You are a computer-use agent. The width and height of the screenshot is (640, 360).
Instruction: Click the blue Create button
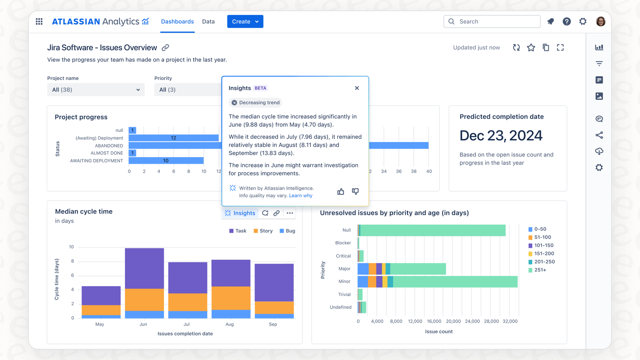pos(245,22)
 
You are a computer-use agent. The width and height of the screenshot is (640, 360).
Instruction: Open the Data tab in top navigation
pos(208,22)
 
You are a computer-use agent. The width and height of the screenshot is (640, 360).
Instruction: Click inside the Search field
pos(495,22)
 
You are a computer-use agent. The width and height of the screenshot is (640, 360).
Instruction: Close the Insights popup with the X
pos(357,88)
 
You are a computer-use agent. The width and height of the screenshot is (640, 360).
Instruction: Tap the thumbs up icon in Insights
pos(341,192)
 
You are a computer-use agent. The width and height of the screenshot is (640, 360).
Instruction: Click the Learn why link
pos(301,196)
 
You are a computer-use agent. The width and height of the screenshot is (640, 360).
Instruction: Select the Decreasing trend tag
pos(256,102)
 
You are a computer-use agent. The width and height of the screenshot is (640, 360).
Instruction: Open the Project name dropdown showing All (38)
pos(96,90)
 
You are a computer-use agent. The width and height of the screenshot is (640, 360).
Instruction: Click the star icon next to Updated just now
pos(531,48)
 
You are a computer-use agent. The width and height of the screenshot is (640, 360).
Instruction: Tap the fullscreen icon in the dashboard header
pos(560,48)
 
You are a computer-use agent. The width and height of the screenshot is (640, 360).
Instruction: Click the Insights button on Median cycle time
pos(240,213)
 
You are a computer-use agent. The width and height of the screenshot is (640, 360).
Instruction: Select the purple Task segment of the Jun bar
pos(144,269)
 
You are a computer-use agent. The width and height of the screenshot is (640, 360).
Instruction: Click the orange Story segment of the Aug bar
pos(231,298)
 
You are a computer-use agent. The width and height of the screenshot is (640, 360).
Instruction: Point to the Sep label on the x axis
pos(273,324)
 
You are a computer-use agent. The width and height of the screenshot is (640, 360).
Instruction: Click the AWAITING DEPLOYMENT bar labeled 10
pos(166,161)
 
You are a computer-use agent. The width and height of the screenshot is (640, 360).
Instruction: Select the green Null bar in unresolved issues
pos(432,230)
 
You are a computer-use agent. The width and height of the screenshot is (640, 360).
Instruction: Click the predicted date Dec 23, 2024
pos(501,136)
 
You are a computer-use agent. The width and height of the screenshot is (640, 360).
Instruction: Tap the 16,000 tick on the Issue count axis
pos(434,322)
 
